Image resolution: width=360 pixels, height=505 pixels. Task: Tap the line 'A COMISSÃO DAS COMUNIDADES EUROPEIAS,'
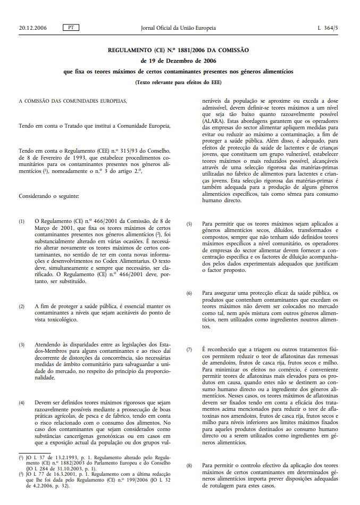tap(73, 101)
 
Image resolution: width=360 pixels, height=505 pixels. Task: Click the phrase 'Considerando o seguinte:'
tap(48, 196)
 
